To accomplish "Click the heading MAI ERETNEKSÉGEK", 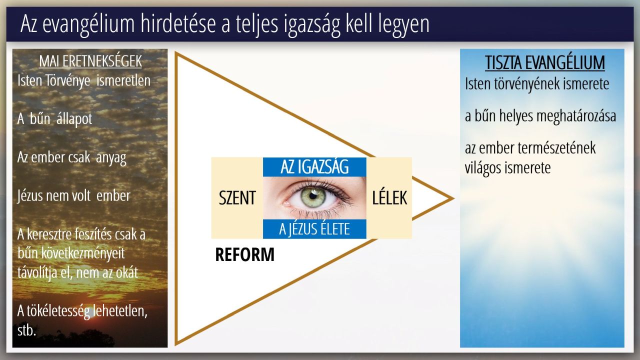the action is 90,61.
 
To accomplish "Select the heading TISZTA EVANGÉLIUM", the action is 545,62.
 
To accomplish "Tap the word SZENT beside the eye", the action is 237,197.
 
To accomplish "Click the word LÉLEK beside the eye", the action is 389,197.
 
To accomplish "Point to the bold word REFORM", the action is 245,254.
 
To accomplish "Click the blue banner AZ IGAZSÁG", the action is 314,167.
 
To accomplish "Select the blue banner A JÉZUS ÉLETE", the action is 314,229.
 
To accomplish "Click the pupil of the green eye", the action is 313,196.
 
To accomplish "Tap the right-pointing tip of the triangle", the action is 453,198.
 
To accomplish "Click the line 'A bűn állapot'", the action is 55,118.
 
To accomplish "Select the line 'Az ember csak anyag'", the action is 71,157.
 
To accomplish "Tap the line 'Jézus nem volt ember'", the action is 73,196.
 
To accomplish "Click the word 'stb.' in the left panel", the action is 26,330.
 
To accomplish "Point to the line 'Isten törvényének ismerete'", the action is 537,84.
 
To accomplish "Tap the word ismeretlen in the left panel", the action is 123,80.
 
